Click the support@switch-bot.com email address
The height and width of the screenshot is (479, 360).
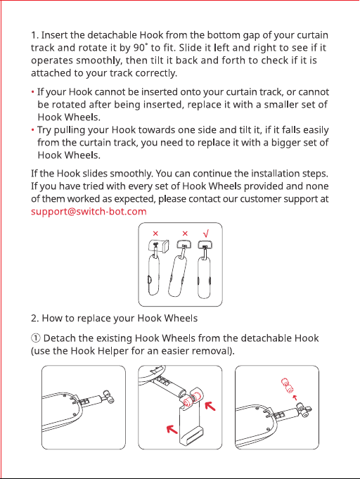[x=89, y=212]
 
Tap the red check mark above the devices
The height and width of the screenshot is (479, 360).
[x=206, y=234]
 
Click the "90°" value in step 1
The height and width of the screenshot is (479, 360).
[x=141, y=48]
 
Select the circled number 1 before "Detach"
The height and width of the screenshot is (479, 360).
[x=35, y=338]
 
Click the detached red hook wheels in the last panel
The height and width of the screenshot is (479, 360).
[x=287, y=385]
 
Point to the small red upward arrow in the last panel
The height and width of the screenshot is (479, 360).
[x=295, y=397]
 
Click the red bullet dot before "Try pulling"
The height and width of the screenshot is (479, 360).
[x=32, y=130]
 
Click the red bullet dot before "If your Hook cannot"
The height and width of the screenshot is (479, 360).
[x=32, y=92]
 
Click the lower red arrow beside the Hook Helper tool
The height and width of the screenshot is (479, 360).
[x=172, y=429]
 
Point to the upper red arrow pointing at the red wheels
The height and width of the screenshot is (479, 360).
[x=210, y=407]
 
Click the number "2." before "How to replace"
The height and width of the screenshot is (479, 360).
[x=35, y=319]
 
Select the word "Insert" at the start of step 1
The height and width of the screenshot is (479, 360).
[x=54, y=35]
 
